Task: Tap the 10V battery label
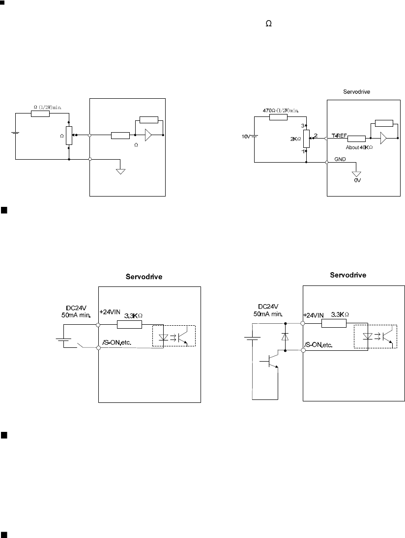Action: click(245, 136)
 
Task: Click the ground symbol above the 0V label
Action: click(357, 173)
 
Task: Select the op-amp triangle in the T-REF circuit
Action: click(383, 139)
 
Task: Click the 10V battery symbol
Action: click(254, 136)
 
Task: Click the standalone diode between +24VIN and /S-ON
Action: click(285, 337)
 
